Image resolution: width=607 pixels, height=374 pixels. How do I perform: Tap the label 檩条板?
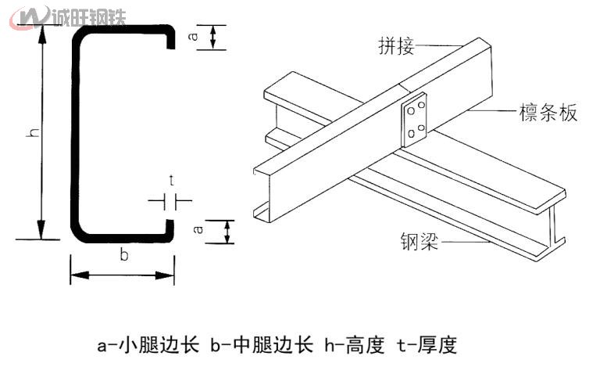coord(548,113)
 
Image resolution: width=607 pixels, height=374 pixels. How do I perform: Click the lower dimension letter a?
coord(198,229)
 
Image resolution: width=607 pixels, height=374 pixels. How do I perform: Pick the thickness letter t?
coord(171,182)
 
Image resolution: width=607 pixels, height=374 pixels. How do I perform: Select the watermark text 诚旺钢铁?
coord(87,15)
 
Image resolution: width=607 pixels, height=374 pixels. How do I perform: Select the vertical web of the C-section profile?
coord(77,133)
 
